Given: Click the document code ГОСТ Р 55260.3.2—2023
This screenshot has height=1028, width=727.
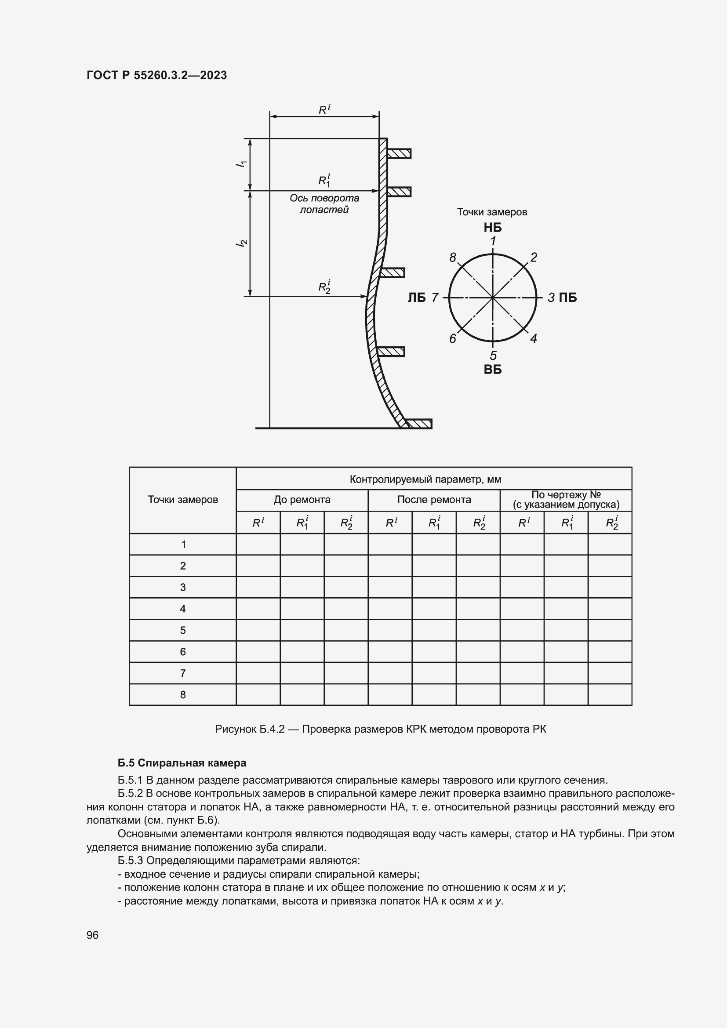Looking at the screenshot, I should (x=156, y=75).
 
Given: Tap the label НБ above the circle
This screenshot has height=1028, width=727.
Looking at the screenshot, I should (x=492, y=228).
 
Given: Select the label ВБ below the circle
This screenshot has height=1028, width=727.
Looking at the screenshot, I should (x=492, y=370).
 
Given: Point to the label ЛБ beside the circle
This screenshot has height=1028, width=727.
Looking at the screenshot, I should (x=416, y=298).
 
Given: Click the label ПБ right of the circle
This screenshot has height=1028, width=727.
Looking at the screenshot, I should (x=567, y=298).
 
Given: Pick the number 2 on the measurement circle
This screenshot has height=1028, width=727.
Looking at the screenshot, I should (x=534, y=258).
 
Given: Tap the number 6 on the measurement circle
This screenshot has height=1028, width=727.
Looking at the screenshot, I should (x=453, y=338).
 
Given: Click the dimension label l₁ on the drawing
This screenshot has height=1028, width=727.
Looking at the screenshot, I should (x=242, y=164).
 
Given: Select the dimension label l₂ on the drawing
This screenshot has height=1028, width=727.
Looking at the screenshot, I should (x=242, y=243).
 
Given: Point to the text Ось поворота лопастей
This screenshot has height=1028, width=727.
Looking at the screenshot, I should (x=324, y=204).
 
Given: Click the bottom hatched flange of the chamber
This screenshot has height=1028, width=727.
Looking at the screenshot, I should (x=419, y=424).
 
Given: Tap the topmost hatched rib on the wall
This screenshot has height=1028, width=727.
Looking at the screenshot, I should (x=398, y=153).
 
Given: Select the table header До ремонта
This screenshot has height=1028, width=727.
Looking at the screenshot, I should (x=302, y=500).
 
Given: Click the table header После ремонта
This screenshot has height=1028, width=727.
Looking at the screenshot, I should (x=434, y=500).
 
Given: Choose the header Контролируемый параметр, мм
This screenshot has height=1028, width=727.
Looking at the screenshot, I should (x=425, y=479).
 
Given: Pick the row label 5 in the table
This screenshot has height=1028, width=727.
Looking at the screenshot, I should (x=183, y=630).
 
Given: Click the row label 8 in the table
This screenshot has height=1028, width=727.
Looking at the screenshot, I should (x=183, y=695).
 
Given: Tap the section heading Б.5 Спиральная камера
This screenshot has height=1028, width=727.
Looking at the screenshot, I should (x=182, y=763).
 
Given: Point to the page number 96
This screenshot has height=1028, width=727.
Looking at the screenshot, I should (x=92, y=935).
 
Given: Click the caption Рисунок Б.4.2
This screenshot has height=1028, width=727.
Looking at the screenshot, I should (x=381, y=730).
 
